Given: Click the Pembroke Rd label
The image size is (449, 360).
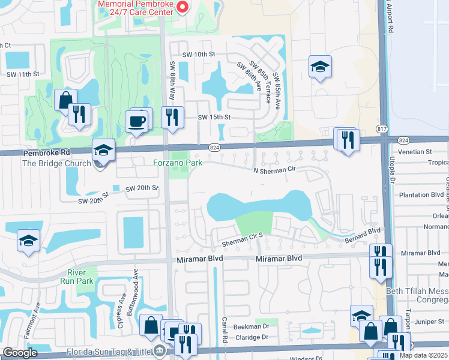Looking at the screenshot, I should click(x=46, y=153).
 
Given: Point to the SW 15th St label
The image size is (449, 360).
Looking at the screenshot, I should click(x=214, y=117).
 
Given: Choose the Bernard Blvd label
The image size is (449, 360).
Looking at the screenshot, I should click(x=363, y=235).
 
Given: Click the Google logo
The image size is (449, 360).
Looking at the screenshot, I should click(x=20, y=353).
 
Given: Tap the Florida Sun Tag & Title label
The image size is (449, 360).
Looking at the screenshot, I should click(x=117, y=350).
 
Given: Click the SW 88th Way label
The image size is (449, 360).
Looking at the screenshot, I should click(x=172, y=75).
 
